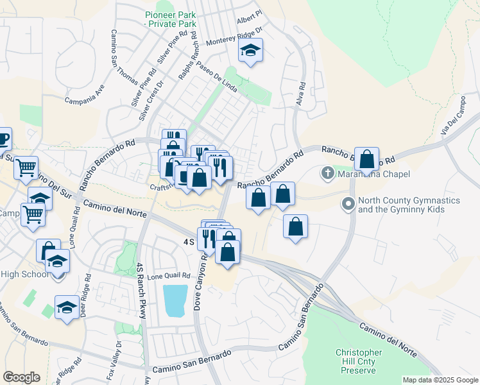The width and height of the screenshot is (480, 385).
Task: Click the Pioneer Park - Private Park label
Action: [x=170, y=19]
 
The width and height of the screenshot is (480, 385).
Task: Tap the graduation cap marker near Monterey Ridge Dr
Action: [x=250, y=51]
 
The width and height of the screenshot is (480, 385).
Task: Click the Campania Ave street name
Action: [x=85, y=97]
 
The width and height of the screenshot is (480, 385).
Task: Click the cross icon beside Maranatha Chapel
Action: [x=327, y=173]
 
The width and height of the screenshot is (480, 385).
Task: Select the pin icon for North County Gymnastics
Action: [x=348, y=205]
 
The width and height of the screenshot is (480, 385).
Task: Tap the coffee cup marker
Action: [x=3, y=139]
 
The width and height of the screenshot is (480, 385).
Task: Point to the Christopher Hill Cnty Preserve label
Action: [x=359, y=361]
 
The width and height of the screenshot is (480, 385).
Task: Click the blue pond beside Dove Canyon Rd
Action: [x=175, y=300]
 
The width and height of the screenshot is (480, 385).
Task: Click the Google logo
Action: [x=21, y=377]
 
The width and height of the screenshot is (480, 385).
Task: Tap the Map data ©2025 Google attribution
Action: [x=440, y=380]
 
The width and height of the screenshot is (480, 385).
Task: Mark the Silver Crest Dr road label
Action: [x=152, y=100]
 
